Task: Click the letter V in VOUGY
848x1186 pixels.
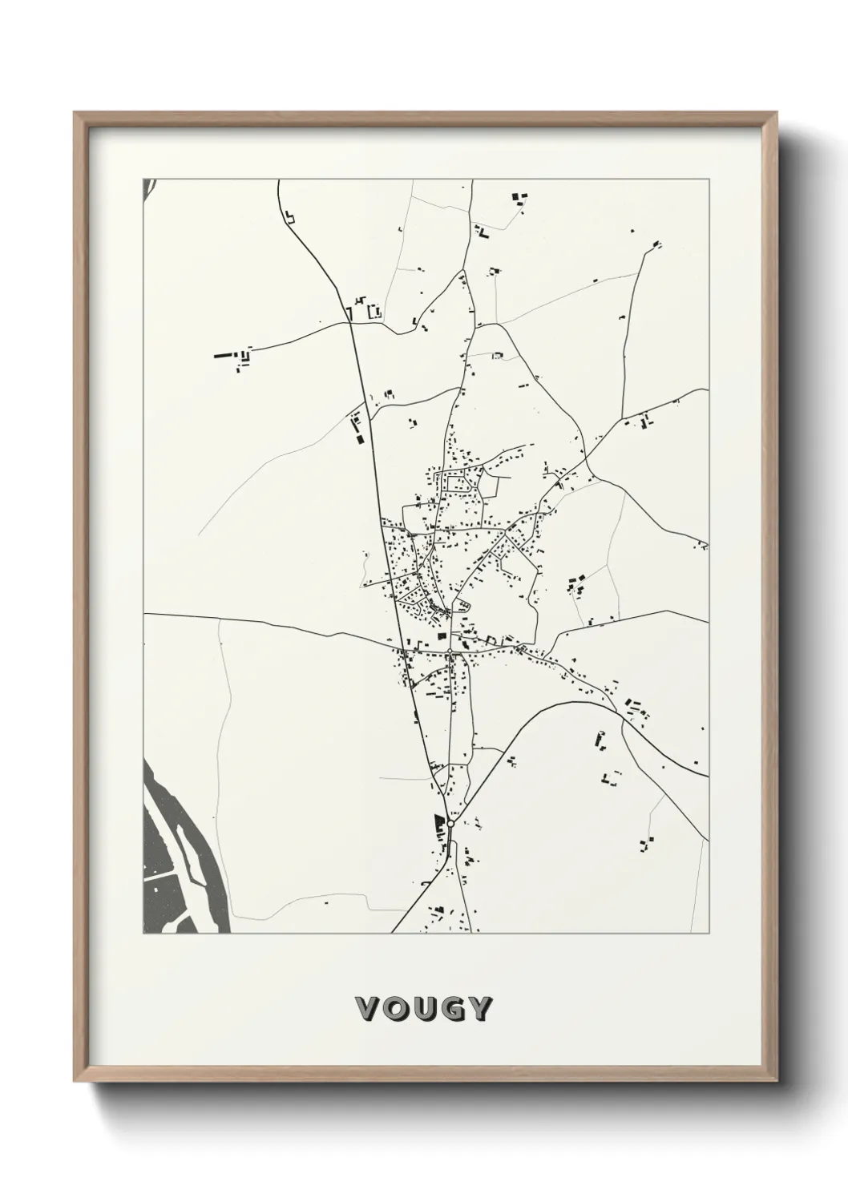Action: point(368,1009)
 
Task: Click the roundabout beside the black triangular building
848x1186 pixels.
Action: point(450,823)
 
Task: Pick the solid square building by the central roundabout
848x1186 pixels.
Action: point(441,636)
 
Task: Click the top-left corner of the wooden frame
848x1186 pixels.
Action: point(75,113)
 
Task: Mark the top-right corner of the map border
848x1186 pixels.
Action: point(709,179)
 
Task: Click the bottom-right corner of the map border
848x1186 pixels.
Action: point(709,933)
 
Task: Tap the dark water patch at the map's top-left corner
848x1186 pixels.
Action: point(147,188)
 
